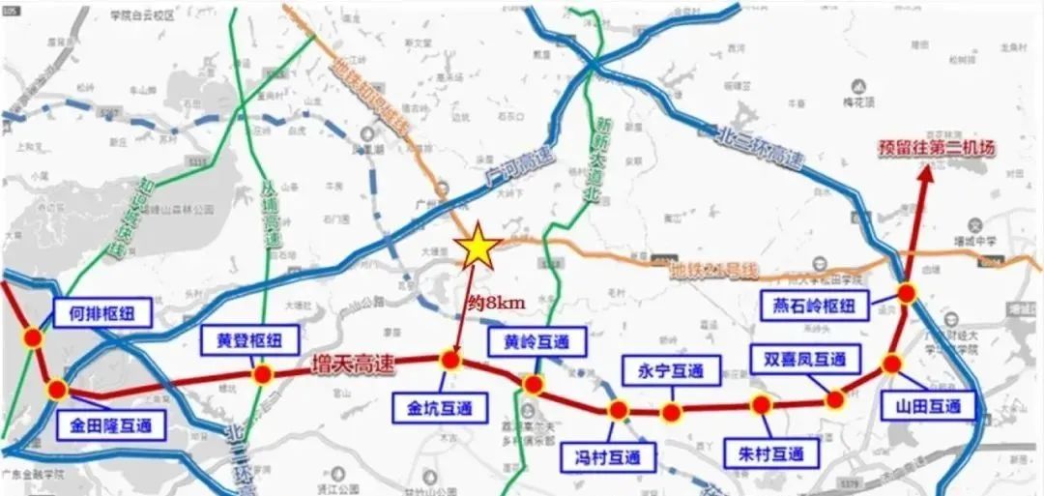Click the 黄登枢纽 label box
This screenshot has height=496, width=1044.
pyautogui.click(x=242, y=340)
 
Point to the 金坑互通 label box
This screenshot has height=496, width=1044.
pyautogui.click(x=433, y=408)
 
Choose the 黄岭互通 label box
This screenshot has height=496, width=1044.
pyautogui.click(x=531, y=341)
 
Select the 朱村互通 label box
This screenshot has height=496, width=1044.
pyautogui.click(x=764, y=452)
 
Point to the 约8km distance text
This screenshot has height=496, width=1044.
pyautogui.click(x=496, y=303)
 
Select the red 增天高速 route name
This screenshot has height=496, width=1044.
pyautogui.click(x=353, y=365)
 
